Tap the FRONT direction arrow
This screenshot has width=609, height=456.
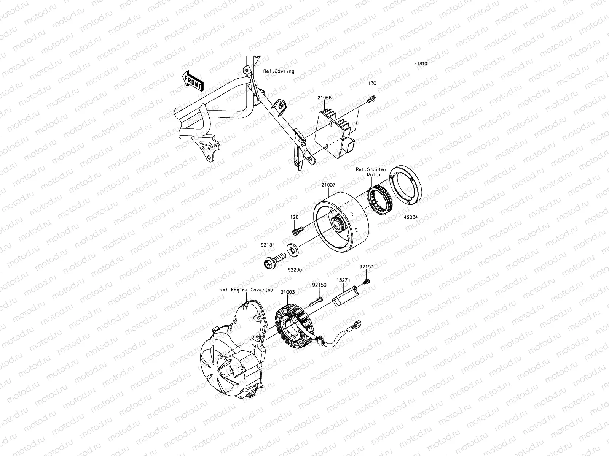tap(193, 82)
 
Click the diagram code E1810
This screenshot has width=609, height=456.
tap(421, 64)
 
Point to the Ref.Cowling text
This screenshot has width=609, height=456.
tap(279, 71)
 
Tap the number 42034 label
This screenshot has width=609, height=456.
tap(411, 217)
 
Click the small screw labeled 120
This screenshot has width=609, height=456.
tap(298, 230)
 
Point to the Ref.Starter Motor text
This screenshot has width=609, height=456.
tap(371, 172)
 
